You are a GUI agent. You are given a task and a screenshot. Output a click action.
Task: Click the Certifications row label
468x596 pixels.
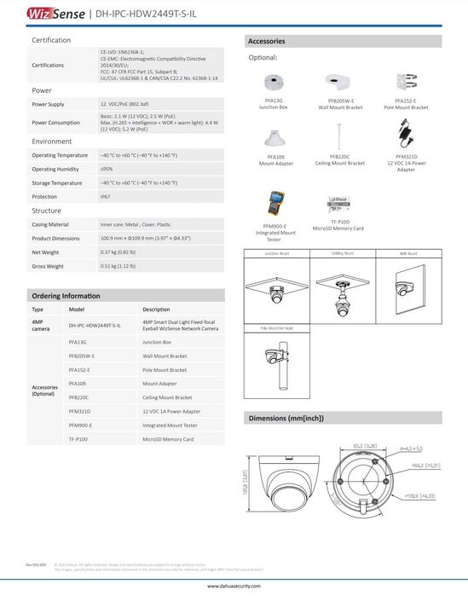[x=49, y=65]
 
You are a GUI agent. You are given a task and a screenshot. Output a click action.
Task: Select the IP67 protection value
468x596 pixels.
[x=105, y=197]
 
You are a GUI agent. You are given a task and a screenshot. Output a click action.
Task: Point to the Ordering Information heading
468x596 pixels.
[x=66, y=295]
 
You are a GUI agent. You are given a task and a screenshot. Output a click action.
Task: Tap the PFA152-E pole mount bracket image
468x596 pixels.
[x=405, y=83]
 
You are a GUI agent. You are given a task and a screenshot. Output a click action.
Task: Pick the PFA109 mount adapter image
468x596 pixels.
[x=275, y=136]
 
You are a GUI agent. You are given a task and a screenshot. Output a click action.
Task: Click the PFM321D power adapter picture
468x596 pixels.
[x=405, y=135]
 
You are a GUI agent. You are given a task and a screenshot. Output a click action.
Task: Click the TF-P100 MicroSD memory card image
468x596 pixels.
[x=338, y=205]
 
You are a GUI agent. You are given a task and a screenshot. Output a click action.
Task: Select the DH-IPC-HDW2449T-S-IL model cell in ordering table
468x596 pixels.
[x=94, y=326]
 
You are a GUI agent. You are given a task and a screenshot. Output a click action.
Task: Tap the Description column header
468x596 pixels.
[x=156, y=310]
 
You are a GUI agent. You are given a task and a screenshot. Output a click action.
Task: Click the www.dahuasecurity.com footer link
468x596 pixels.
[x=234, y=587]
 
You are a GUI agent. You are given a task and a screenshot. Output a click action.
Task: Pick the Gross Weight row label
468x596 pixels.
[x=48, y=266]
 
